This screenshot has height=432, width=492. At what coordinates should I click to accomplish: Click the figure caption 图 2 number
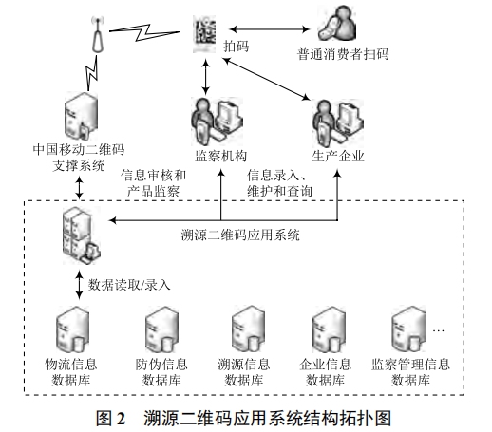coord(113,416)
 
